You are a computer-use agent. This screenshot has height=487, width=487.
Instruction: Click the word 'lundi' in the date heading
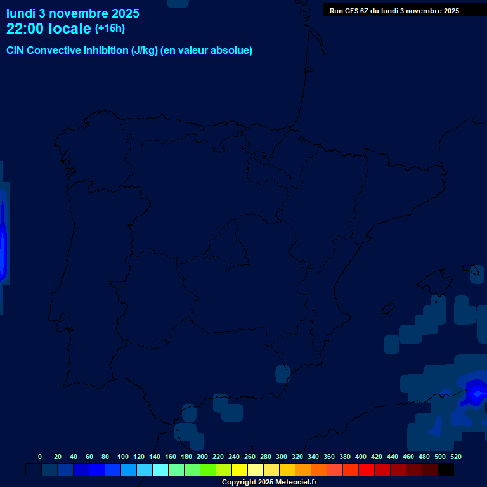pos(21,13)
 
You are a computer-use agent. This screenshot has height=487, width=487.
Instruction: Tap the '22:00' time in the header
pos(25,29)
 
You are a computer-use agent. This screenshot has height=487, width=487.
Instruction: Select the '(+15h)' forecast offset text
pos(110,28)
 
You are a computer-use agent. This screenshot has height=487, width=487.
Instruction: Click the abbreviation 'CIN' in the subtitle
pos(16,51)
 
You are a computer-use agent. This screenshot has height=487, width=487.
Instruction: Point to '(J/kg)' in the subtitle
pos(145,51)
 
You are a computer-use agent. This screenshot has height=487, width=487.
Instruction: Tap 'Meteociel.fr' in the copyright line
pos(296,483)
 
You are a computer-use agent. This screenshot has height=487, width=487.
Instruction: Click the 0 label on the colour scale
pos(40,457)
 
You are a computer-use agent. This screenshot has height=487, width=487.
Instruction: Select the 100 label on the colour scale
pos(123,457)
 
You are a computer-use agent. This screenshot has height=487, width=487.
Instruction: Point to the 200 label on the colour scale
pos(202,457)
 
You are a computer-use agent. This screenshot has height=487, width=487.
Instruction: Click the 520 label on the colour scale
pos(455,457)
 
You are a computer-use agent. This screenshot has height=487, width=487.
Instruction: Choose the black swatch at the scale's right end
pos(445,470)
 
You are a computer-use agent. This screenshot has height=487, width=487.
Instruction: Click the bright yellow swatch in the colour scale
pos(240,470)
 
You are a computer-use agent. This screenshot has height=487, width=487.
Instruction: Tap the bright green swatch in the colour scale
pos(208,470)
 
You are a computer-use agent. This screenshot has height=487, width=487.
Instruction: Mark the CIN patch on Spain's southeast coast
pos(282,373)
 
